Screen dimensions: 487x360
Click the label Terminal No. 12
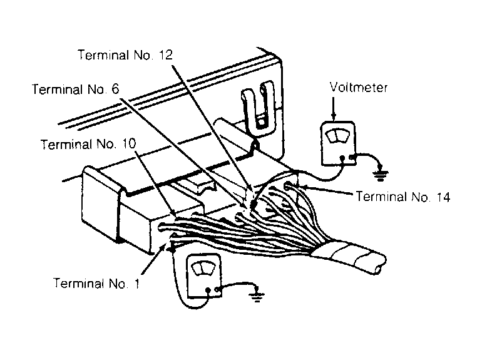point(125,55)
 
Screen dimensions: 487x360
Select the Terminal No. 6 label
point(76,90)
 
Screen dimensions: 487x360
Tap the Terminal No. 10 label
point(88,144)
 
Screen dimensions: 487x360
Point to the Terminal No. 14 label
point(403,197)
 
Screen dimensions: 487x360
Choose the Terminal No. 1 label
point(96,283)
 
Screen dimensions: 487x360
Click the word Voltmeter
point(359,88)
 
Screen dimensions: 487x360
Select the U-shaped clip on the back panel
point(259,107)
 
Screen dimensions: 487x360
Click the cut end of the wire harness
point(381,264)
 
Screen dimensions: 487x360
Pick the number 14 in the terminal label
point(443,197)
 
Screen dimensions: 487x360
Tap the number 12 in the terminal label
point(165,55)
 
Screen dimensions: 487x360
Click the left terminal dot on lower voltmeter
point(208,291)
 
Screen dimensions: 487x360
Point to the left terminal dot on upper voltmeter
point(342,158)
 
